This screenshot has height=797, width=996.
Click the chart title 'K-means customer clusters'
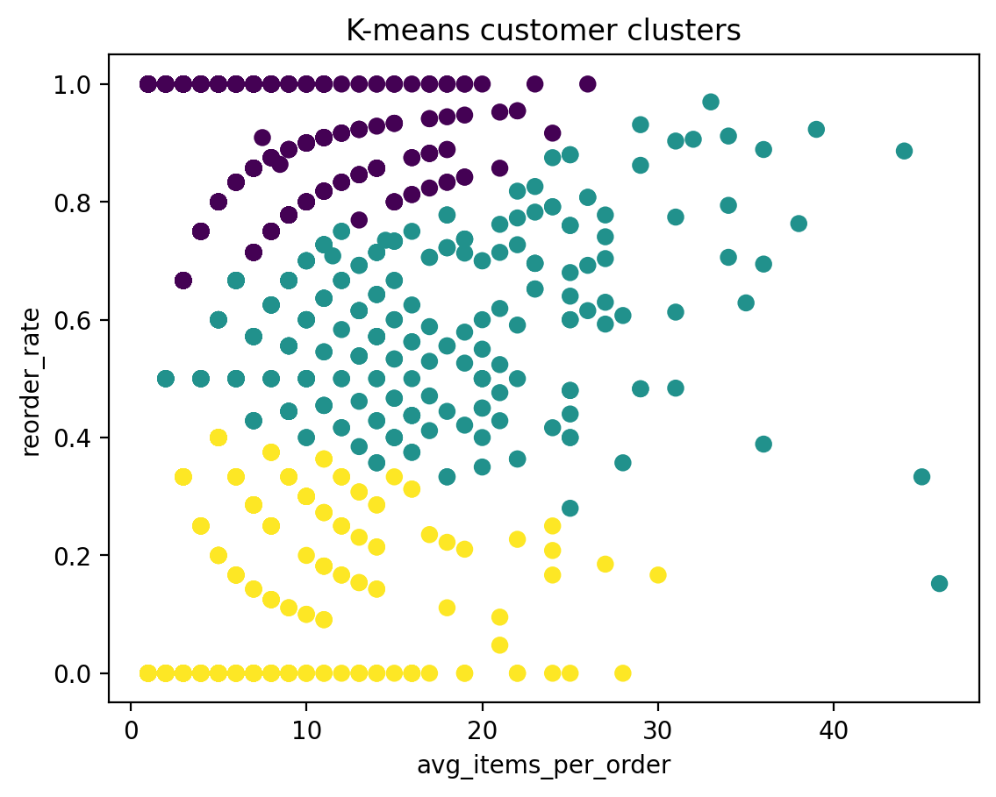pyautogui.click(x=543, y=31)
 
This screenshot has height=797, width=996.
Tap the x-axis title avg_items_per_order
pyautogui.click(x=543, y=765)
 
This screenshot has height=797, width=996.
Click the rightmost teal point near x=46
pyautogui.click(x=939, y=584)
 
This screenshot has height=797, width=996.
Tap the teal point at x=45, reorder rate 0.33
pyautogui.click(x=921, y=477)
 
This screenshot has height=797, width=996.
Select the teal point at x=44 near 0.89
pyautogui.click(x=904, y=151)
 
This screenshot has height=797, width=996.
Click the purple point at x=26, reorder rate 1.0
pyautogui.click(x=588, y=84)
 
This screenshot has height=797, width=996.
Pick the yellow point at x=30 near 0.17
pyautogui.click(x=658, y=575)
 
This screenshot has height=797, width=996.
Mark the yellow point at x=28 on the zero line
pyautogui.click(x=623, y=673)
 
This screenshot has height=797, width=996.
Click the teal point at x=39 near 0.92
pyautogui.click(x=816, y=130)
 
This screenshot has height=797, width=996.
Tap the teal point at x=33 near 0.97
pyautogui.click(x=711, y=102)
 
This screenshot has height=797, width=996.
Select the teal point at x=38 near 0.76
pyautogui.click(x=799, y=224)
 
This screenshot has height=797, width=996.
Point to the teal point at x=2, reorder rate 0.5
pyautogui.click(x=166, y=379)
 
